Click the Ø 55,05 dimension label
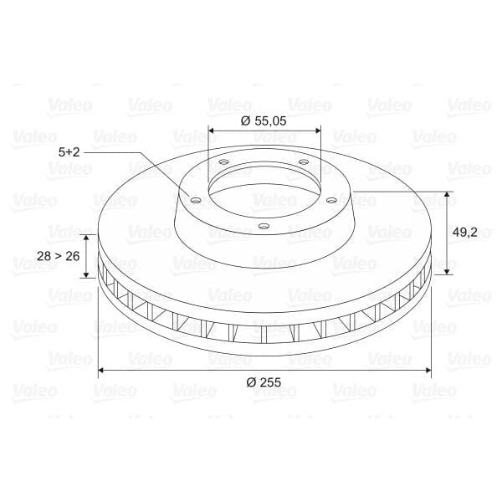[264, 121]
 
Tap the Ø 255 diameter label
[264, 382]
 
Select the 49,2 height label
[464, 232]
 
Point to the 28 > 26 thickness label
[58, 256]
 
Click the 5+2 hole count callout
[69, 152]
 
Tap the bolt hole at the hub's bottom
[264, 227]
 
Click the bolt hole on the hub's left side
[195, 201]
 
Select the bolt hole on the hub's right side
[331, 201]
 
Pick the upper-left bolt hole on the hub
[223, 161]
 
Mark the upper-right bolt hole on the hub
[303, 161]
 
